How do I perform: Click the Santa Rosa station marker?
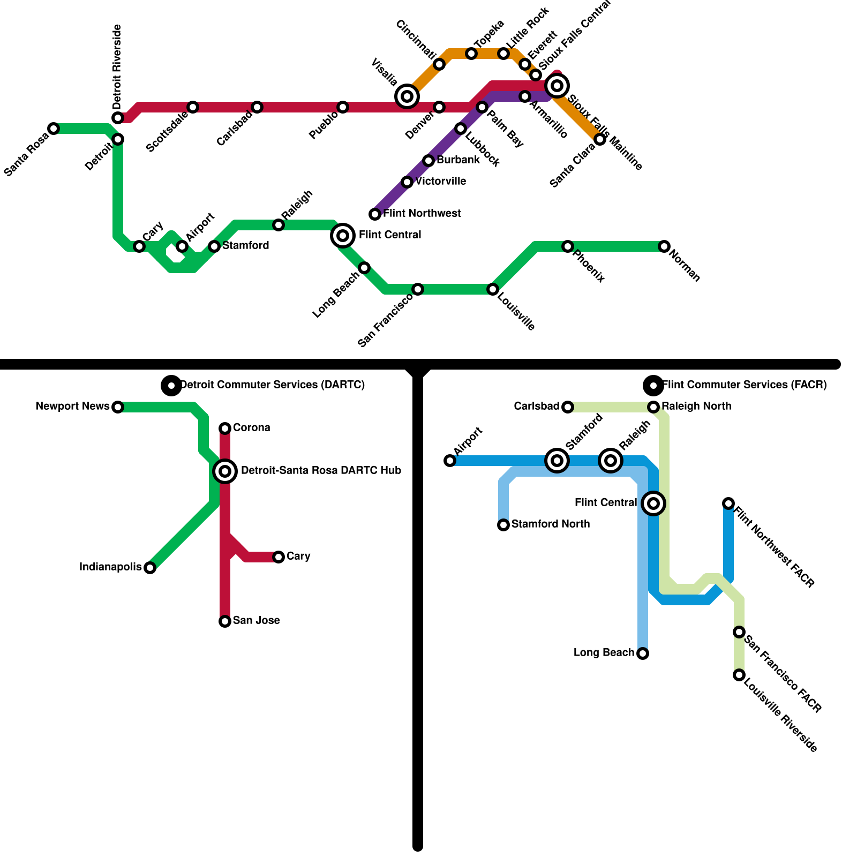coord(54,129)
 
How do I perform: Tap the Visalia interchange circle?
coord(407,96)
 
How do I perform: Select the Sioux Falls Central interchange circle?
coord(557,86)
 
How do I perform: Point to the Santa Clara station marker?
coord(600,139)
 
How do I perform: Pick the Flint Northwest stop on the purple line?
coord(375,214)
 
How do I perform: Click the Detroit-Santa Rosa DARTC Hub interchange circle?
coord(225,471)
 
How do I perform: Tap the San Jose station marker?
coord(225,621)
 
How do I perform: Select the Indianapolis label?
coord(110,567)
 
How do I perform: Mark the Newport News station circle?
coord(118,407)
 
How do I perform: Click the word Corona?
coord(251,427)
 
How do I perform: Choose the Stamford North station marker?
coord(503,525)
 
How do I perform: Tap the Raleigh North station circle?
coord(653,407)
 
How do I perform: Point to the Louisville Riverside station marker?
coord(739,675)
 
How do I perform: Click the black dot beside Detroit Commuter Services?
coord(171,385)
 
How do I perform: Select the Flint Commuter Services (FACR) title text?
coord(745,385)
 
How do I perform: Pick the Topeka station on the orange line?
coord(471,54)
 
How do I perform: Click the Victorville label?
coord(440,181)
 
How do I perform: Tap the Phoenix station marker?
coord(568,246)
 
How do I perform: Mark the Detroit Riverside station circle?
coord(118,118)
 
